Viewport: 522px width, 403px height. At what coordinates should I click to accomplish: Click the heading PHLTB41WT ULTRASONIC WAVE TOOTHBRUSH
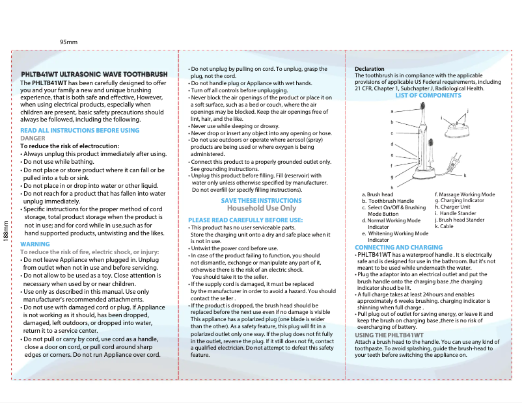pos(94,75)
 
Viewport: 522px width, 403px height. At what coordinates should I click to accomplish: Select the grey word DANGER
pos(33,138)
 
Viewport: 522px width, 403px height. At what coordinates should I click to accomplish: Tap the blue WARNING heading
pos(35,244)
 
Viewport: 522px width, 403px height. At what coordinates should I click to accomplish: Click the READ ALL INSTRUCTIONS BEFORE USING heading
pos(79,131)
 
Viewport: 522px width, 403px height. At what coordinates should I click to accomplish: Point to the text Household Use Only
pos(261,208)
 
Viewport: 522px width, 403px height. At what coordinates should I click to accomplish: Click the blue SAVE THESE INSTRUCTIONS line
pos(261,201)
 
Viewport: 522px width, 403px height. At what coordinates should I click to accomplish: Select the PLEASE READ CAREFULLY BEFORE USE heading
pos(245,220)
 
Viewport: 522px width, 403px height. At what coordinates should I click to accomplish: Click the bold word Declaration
pos(370,69)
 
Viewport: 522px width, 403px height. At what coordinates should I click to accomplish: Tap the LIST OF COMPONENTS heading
pos(428,96)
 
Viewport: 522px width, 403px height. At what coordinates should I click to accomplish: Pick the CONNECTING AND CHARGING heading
pos(398,248)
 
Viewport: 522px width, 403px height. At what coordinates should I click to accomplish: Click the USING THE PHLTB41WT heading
pos(389,335)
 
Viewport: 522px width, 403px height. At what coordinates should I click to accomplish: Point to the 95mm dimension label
pos(68,42)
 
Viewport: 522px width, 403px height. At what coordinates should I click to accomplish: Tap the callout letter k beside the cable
pos(465,175)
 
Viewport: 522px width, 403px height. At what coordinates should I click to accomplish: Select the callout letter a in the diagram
pos(392,111)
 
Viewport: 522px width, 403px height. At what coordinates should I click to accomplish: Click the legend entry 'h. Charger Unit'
pos(452,207)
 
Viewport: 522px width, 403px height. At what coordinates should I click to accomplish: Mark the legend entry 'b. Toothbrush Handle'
pos(391,201)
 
